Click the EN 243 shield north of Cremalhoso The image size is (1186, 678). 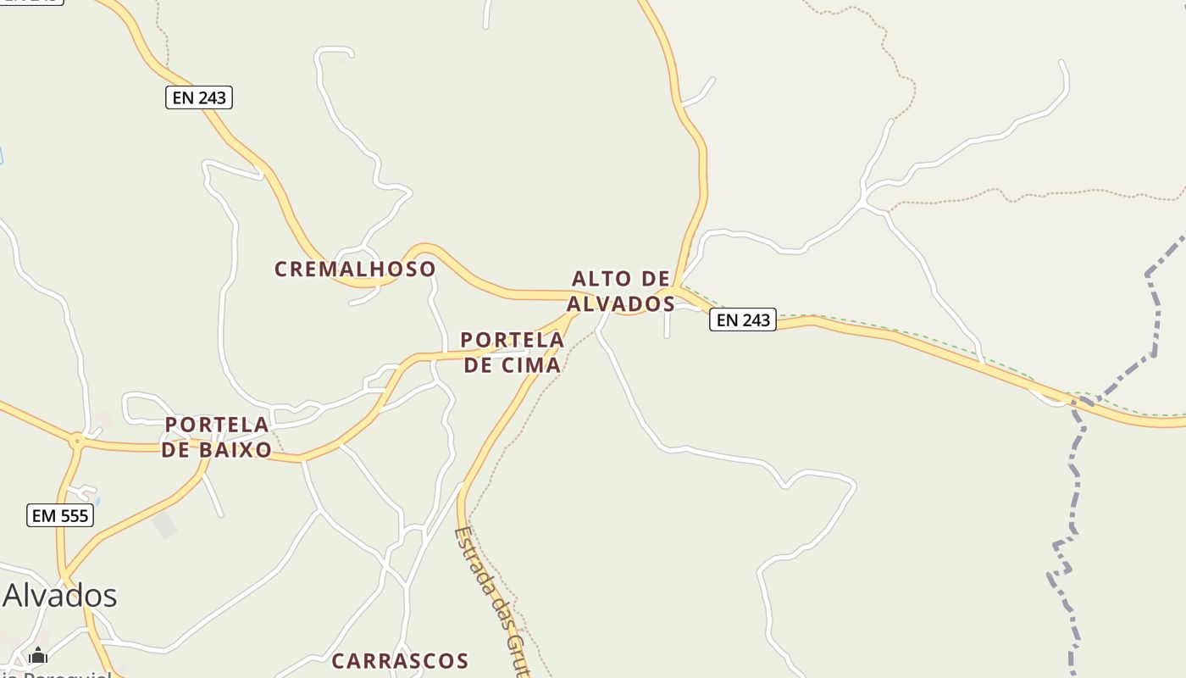(x=198, y=97)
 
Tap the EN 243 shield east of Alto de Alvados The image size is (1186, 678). (x=742, y=320)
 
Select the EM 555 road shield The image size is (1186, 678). (x=59, y=515)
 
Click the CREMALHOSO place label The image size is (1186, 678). (x=355, y=270)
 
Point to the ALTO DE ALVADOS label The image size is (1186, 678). (x=621, y=291)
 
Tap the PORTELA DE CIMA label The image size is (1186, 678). (x=512, y=353)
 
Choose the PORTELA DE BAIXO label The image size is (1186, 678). (x=217, y=437)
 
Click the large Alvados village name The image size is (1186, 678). (x=59, y=596)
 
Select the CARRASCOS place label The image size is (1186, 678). (x=400, y=661)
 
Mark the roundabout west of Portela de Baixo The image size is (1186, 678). (x=77, y=441)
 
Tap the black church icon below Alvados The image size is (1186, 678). (x=38, y=656)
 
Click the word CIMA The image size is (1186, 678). (x=530, y=365)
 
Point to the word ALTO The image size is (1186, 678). (x=599, y=279)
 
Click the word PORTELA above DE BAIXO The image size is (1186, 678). (x=217, y=425)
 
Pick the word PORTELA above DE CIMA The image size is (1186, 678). (x=512, y=340)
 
